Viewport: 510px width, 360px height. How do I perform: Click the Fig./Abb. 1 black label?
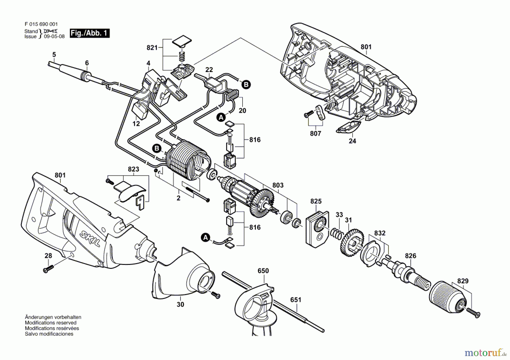click(x=90, y=33)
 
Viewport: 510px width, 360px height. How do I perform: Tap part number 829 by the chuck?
click(x=463, y=281)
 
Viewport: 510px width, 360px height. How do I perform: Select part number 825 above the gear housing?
click(x=316, y=201)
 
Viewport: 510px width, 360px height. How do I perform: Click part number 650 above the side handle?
click(x=263, y=271)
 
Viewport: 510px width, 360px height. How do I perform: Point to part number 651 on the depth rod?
click(x=296, y=300)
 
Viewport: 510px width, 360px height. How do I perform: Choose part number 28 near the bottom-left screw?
click(x=48, y=255)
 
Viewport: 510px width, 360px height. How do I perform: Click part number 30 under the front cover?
click(x=180, y=304)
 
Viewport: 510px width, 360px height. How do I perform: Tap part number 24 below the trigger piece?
click(x=352, y=141)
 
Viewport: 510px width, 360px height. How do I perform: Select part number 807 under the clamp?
click(x=315, y=133)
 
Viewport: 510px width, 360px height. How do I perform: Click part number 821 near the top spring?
click(x=152, y=48)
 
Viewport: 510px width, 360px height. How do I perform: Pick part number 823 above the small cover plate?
click(x=133, y=169)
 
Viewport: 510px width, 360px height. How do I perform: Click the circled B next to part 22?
click(x=246, y=84)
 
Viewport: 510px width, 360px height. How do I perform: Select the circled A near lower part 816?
click(x=205, y=238)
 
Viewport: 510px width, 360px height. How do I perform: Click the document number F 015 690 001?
click(x=41, y=24)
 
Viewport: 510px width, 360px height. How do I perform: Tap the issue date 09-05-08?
click(x=54, y=37)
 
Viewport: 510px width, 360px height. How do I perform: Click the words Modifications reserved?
click(x=51, y=323)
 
